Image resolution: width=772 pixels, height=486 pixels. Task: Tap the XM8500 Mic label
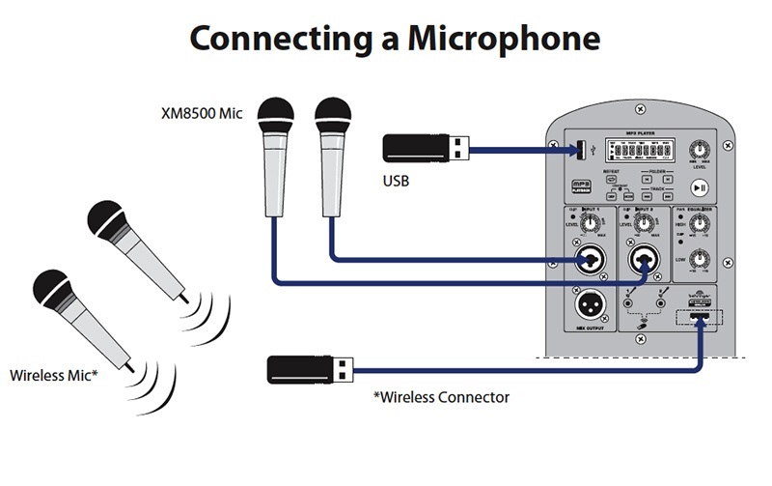[x=201, y=113]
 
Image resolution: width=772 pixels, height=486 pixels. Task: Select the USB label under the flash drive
[x=399, y=179]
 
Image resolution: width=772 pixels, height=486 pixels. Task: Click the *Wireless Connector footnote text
[x=441, y=396]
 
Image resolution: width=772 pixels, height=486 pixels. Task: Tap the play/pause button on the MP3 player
[x=700, y=187]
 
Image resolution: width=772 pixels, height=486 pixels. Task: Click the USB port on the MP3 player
[x=582, y=150]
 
